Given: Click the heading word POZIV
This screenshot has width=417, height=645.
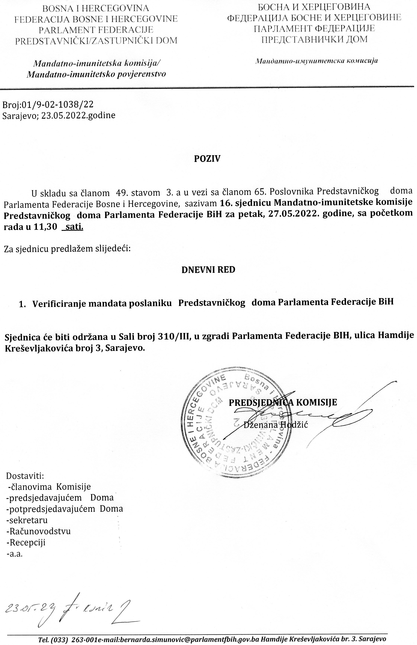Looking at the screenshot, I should [207, 159].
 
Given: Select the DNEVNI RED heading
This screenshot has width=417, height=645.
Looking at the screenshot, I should [208, 270].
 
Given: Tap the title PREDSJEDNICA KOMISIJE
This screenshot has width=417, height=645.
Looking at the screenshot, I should [283, 402].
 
